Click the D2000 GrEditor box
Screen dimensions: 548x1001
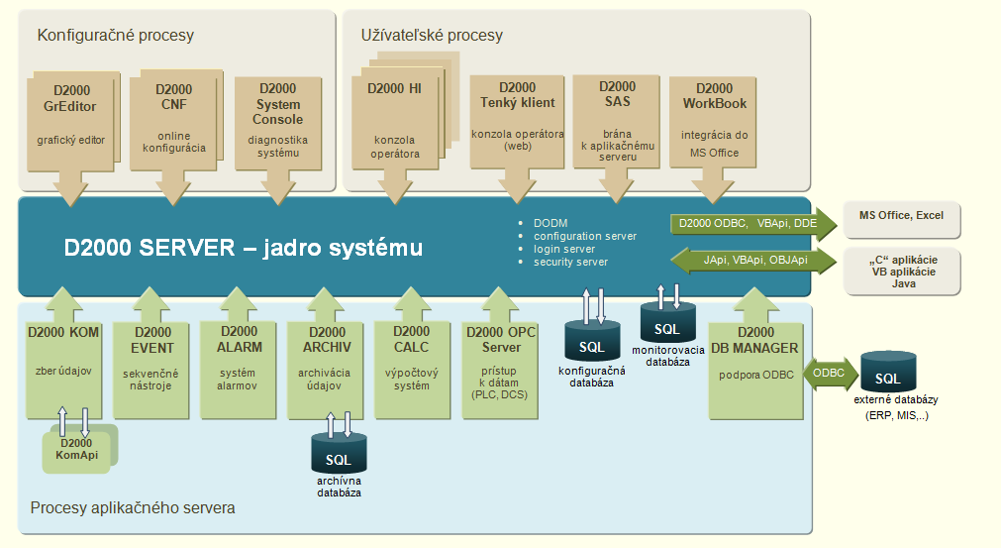tap(70, 117)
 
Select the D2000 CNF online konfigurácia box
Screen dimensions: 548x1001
tap(174, 117)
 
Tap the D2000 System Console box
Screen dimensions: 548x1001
tap(277, 119)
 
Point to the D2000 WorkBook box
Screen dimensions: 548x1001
tap(714, 119)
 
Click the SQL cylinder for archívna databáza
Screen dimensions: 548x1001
tap(339, 455)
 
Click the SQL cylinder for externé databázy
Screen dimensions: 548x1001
tap(887, 374)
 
